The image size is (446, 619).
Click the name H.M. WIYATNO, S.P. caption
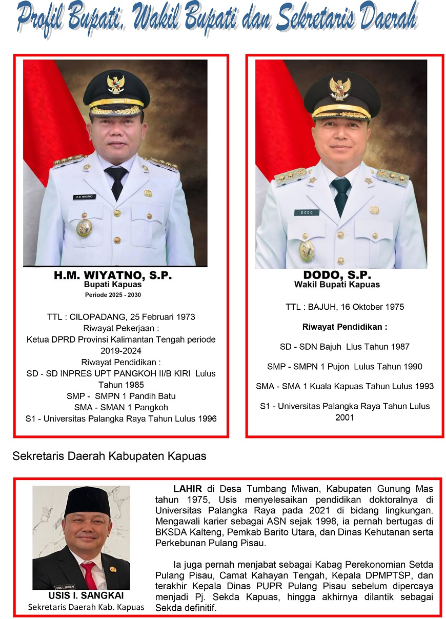113,275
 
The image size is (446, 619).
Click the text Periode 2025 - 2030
113,295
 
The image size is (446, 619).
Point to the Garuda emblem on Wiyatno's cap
115,84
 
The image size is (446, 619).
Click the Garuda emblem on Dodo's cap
340,88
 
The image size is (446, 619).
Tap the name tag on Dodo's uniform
307,212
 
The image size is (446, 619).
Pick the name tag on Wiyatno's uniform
85,196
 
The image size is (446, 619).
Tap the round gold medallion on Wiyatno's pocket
84,227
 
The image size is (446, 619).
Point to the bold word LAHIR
188,488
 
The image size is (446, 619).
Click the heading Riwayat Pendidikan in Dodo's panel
344,327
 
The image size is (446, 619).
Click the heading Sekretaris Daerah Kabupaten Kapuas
109,455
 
